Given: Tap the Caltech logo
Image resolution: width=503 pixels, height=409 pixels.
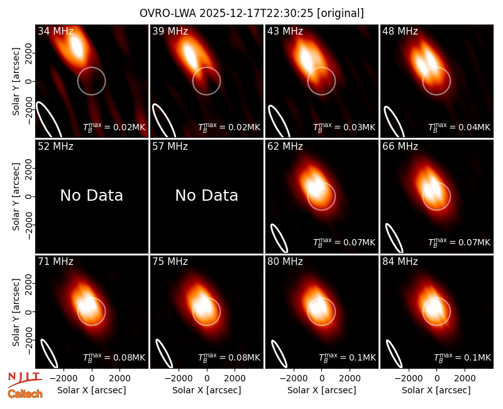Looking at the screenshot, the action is (x=25, y=394).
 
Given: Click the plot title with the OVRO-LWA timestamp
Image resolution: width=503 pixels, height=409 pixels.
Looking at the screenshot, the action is (x=252, y=13).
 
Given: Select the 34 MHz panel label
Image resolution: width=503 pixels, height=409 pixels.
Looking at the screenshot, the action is (x=55, y=31).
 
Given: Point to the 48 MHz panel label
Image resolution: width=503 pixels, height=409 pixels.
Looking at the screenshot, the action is (x=400, y=31).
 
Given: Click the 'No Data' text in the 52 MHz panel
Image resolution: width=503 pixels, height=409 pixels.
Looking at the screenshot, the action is (x=91, y=195).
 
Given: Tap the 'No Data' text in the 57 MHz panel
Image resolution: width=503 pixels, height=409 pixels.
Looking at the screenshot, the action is (x=207, y=195).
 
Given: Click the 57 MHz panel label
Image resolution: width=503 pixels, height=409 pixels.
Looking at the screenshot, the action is (x=170, y=147).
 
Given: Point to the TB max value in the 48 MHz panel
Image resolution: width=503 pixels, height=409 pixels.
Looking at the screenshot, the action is (x=460, y=127).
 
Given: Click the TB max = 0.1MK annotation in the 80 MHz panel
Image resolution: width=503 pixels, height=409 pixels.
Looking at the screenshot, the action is (x=347, y=357).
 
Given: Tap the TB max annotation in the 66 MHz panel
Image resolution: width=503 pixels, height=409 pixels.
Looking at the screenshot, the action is (x=460, y=242).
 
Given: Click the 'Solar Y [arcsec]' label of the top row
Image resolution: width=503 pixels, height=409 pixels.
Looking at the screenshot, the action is (x=16, y=82).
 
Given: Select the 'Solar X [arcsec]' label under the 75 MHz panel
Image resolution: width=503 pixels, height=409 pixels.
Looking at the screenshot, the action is (x=207, y=390).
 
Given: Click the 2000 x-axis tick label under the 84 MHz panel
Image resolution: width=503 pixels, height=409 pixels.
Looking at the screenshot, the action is (x=465, y=379).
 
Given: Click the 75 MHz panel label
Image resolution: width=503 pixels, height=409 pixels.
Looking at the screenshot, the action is (x=170, y=262).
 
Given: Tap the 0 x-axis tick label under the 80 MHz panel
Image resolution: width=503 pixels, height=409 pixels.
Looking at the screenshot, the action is (x=322, y=379).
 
